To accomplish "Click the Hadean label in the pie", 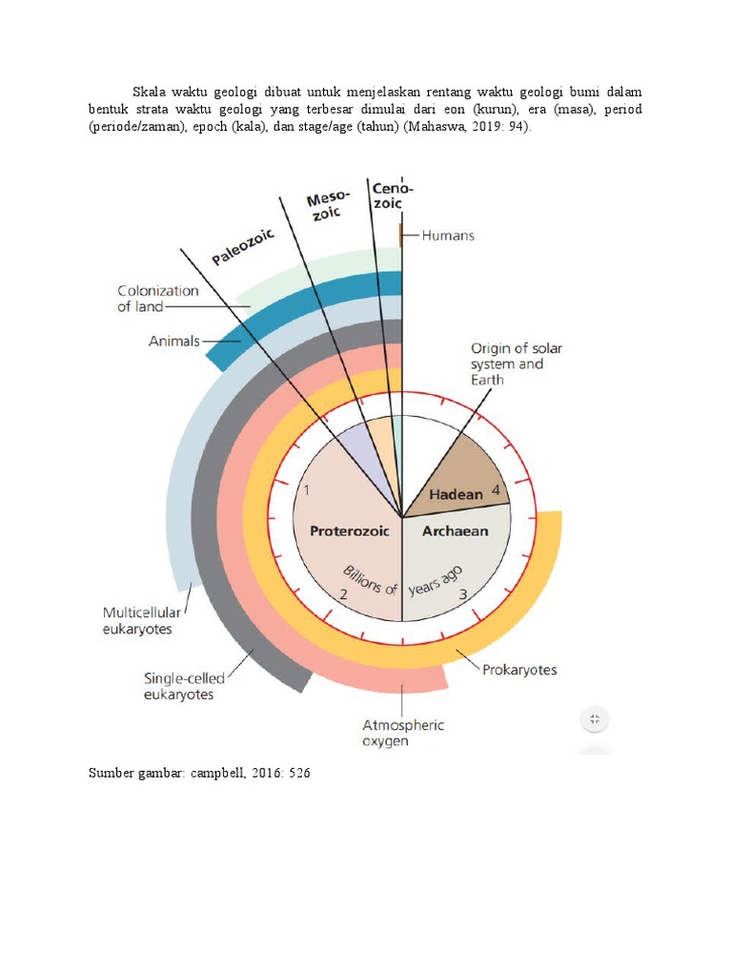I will click(x=457, y=495).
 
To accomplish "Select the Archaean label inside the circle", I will click(x=455, y=531).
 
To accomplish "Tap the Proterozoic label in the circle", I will click(x=350, y=531).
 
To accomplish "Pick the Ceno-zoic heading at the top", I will click(x=392, y=196).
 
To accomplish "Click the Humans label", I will click(x=447, y=235).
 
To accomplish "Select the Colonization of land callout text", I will click(x=158, y=299).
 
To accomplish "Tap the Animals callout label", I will click(x=173, y=341).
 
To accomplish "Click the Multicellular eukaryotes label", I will click(x=143, y=620).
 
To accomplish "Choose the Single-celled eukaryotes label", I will click(x=185, y=686).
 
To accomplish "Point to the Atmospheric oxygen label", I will click(x=402, y=733).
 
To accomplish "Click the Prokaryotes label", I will click(x=519, y=670).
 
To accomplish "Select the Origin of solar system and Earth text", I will click(x=516, y=364).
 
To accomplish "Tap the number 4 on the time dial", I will click(x=496, y=490).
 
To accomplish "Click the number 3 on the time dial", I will click(x=463, y=594).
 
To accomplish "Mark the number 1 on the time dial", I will click(x=307, y=490).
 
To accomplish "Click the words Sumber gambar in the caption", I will click(x=131, y=773).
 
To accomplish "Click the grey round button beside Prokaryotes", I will click(x=594, y=718).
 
